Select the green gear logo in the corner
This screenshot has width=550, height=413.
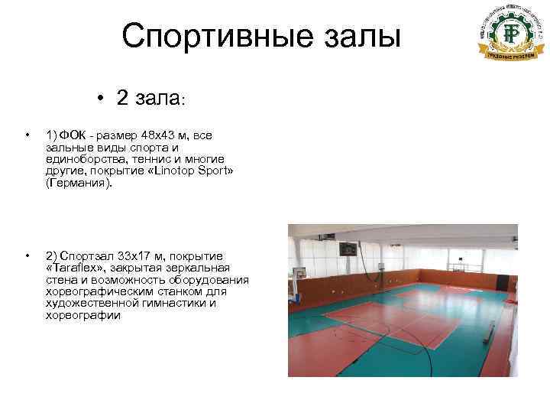(x=500, y=34)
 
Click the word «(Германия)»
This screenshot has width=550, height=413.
(x=78, y=184)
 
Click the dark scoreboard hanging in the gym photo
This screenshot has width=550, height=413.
(x=348, y=249)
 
